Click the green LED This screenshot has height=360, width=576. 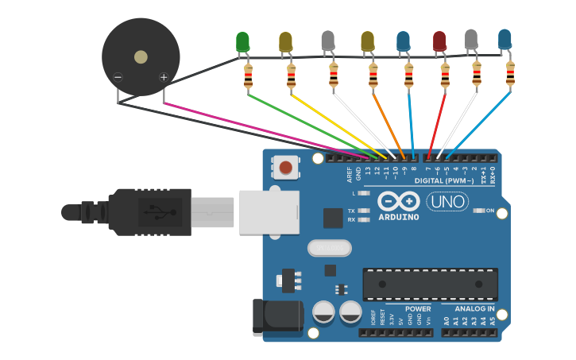click(242, 41)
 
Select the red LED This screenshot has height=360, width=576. click(439, 41)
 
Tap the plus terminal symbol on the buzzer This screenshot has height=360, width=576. click(164, 77)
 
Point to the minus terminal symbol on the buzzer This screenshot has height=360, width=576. click(118, 77)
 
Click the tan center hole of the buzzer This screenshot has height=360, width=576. click(141, 56)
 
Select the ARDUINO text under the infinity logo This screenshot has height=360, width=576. click(398, 217)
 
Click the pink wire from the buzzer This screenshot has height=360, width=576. click(262, 127)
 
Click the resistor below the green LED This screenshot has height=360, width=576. click(248, 78)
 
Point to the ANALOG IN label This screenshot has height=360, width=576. click(474, 308)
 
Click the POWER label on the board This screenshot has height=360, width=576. click(418, 308)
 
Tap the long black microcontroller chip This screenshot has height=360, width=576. click(430, 284)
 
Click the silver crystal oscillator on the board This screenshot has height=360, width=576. click(329, 249)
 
